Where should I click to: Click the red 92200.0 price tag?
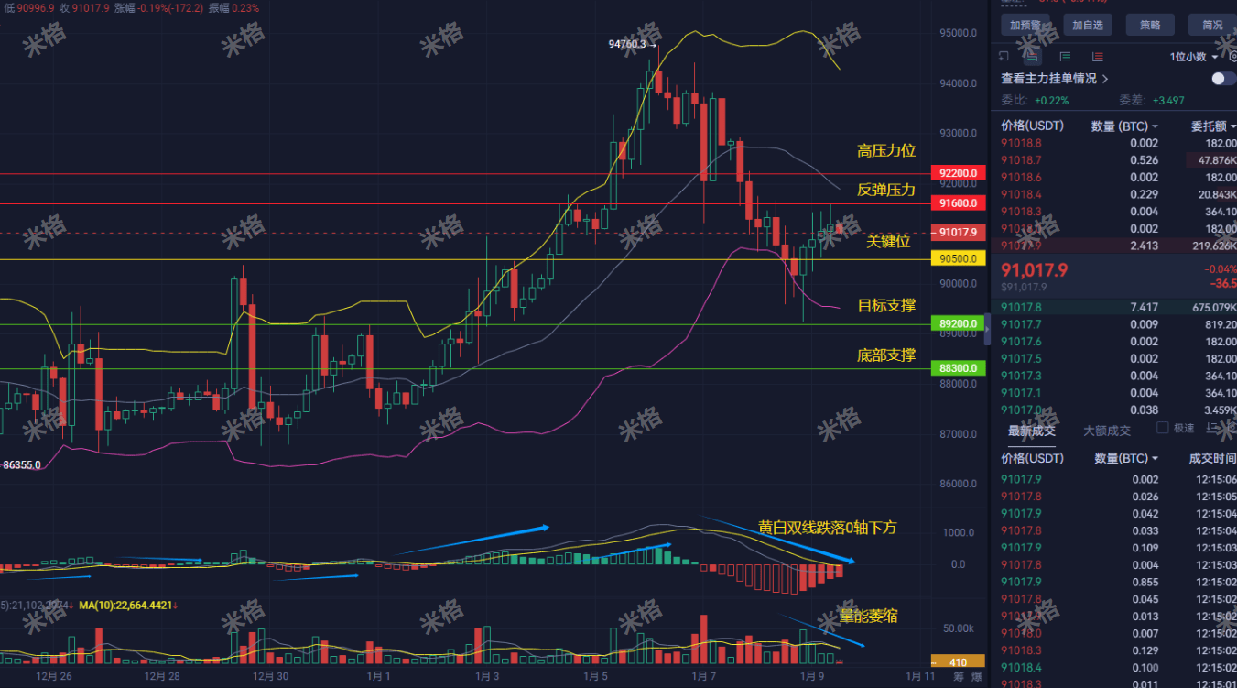[x=957, y=173]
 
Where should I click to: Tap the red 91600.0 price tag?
[x=957, y=203]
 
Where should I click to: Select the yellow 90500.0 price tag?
[x=957, y=259]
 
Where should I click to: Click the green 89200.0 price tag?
[x=957, y=323]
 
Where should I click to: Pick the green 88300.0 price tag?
[x=957, y=368]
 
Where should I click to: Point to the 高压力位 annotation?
[x=885, y=151]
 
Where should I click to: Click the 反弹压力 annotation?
[x=885, y=191]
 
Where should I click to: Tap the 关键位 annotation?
[x=888, y=242]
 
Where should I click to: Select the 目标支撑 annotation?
[x=885, y=306]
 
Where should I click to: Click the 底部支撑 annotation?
[x=885, y=355]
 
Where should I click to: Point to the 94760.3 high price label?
[x=627, y=44]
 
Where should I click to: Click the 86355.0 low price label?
[x=22, y=465]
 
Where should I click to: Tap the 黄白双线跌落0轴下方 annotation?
[x=827, y=528]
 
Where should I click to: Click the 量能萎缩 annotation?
[x=868, y=616]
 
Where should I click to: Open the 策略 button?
[x=1150, y=25]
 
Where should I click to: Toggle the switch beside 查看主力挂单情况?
[x=1223, y=79]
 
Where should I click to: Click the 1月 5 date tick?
[x=596, y=677]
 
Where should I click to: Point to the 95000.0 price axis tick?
[x=958, y=34]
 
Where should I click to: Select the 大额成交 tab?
[x=1106, y=431]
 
